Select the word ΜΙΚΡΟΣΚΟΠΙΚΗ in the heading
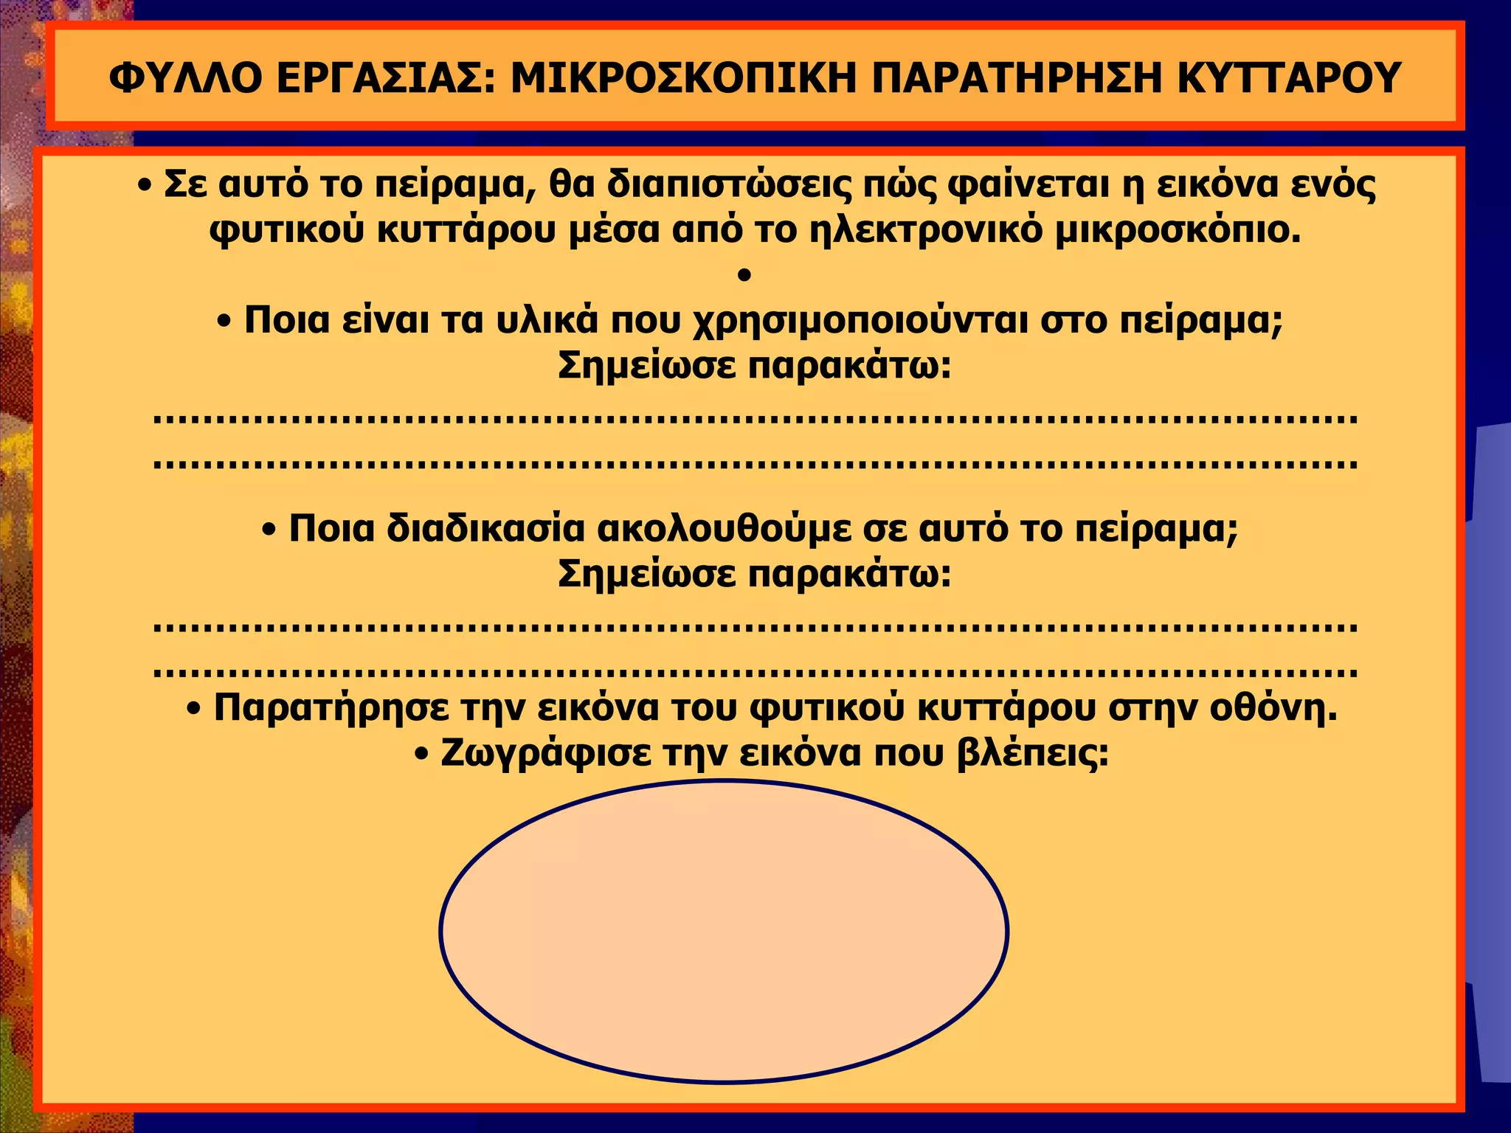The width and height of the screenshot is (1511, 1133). pos(682,77)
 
